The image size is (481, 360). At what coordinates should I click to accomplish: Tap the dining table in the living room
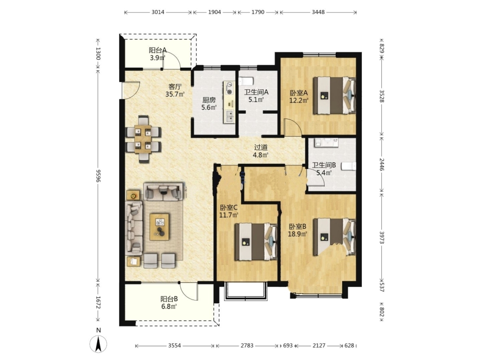tap(143, 139)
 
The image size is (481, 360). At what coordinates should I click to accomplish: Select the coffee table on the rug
tap(159, 227)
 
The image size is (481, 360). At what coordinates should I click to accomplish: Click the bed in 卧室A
tap(334, 95)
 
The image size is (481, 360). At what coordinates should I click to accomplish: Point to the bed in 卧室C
tap(256, 242)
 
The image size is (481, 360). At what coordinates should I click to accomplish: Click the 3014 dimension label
tap(158, 12)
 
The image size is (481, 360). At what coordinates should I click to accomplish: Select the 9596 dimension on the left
tap(98, 175)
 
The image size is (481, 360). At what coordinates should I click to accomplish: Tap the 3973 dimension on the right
tap(382, 237)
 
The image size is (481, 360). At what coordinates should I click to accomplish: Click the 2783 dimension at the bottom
tap(247, 346)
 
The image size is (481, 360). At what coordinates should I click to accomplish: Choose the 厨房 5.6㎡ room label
tap(209, 104)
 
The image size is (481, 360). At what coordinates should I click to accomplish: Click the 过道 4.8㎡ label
tap(260, 151)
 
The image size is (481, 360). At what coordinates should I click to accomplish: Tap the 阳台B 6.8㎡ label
tap(169, 302)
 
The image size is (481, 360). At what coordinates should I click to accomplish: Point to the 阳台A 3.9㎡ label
tap(158, 54)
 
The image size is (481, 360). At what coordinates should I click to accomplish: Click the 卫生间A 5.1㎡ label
tap(256, 96)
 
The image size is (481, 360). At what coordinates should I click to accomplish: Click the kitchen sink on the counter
tap(229, 116)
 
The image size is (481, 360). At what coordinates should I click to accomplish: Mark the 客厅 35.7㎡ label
tap(175, 90)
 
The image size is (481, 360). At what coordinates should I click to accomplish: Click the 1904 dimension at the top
tap(215, 12)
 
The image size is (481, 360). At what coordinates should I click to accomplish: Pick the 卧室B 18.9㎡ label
tap(298, 230)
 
